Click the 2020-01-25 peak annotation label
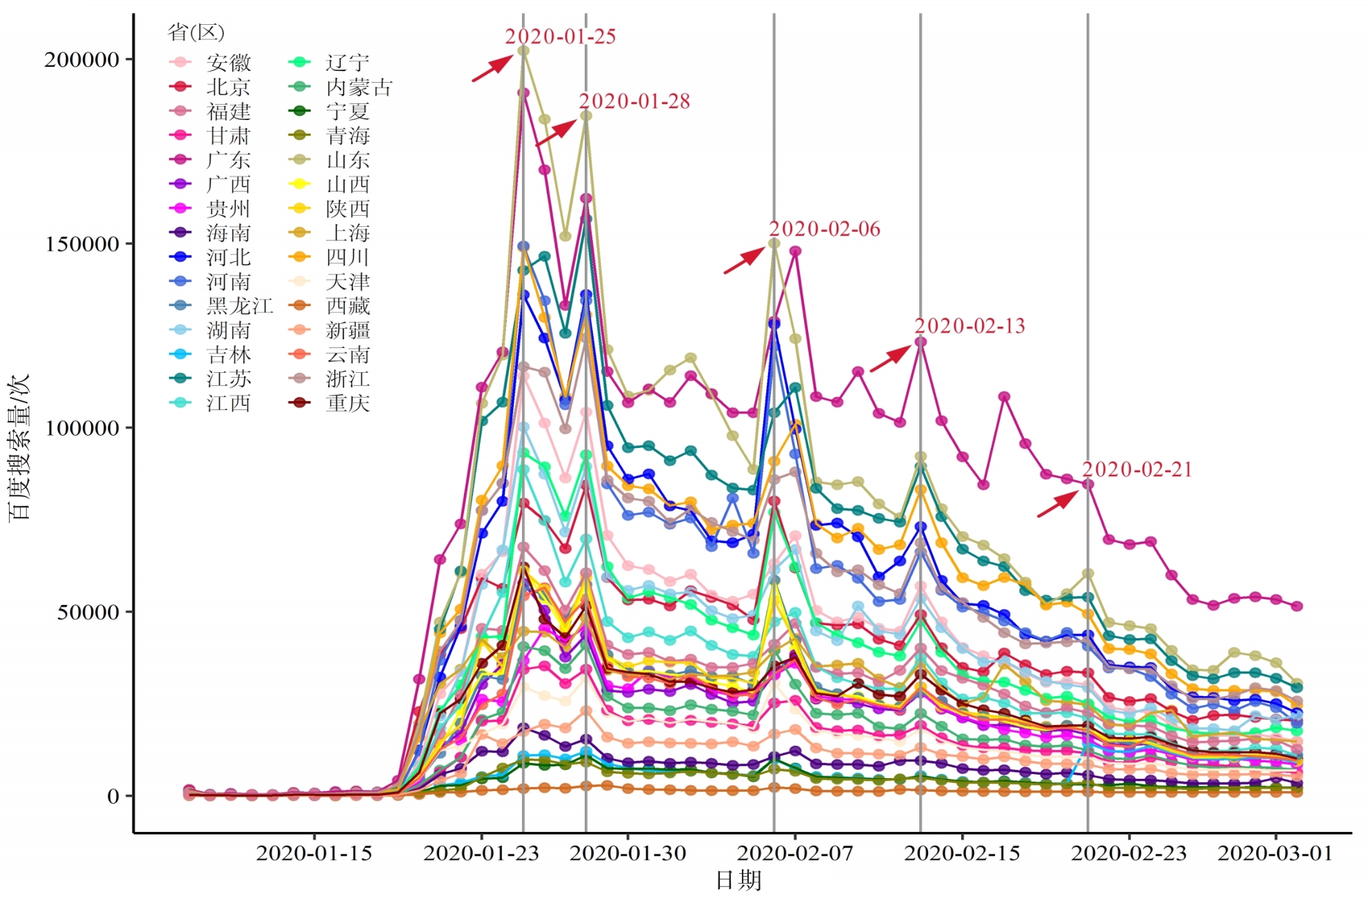coord(560,37)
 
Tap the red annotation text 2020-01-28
coord(634,101)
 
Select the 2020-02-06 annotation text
coord(824,229)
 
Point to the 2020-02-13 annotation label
coord(969,326)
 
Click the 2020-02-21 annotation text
coord(1136,469)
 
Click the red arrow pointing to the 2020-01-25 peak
coord(492,69)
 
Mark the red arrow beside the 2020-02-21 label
coord(1058,503)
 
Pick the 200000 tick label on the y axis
coord(82,59)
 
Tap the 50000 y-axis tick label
coord(88,612)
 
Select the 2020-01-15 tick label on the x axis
coord(314,853)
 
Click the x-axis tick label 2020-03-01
coord(1275,853)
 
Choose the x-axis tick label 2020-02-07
coord(794,853)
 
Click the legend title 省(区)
coord(196,32)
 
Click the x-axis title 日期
coord(738,881)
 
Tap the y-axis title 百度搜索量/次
coord(19,448)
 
